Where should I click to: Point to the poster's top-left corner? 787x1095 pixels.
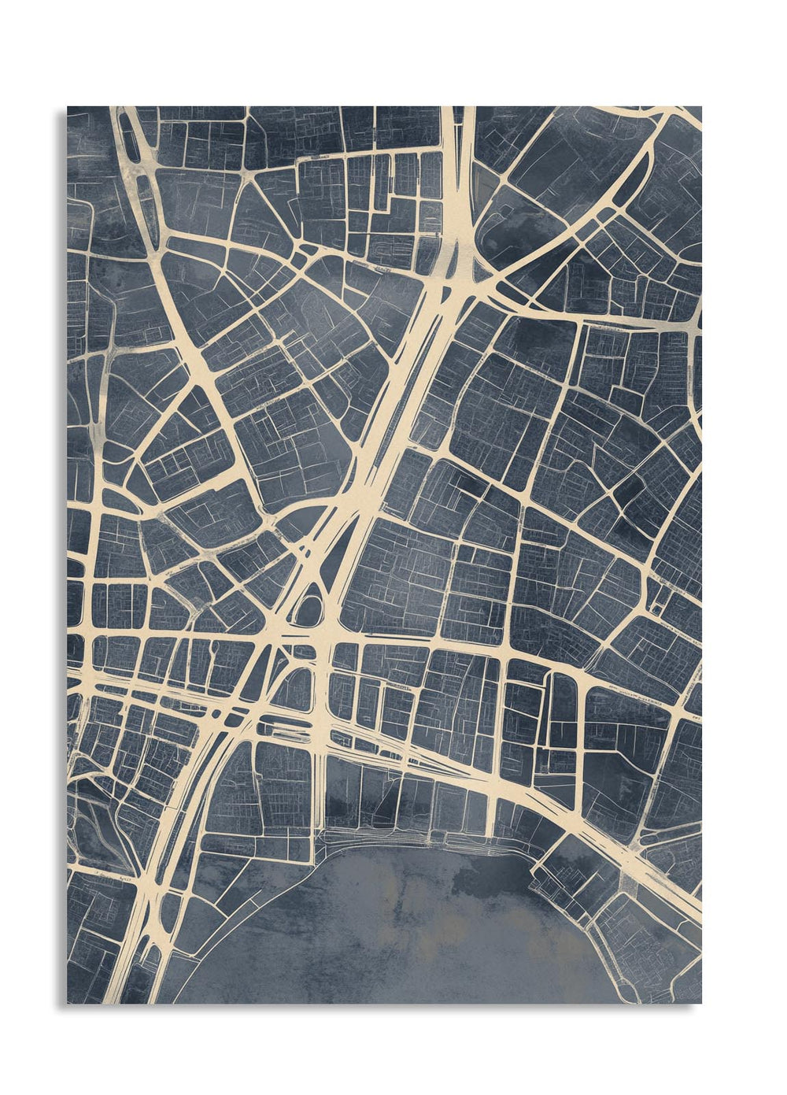[x=68, y=107]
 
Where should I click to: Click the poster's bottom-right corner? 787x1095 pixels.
[x=700, y=1003]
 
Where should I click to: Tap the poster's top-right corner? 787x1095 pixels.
[x=700, y=107]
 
